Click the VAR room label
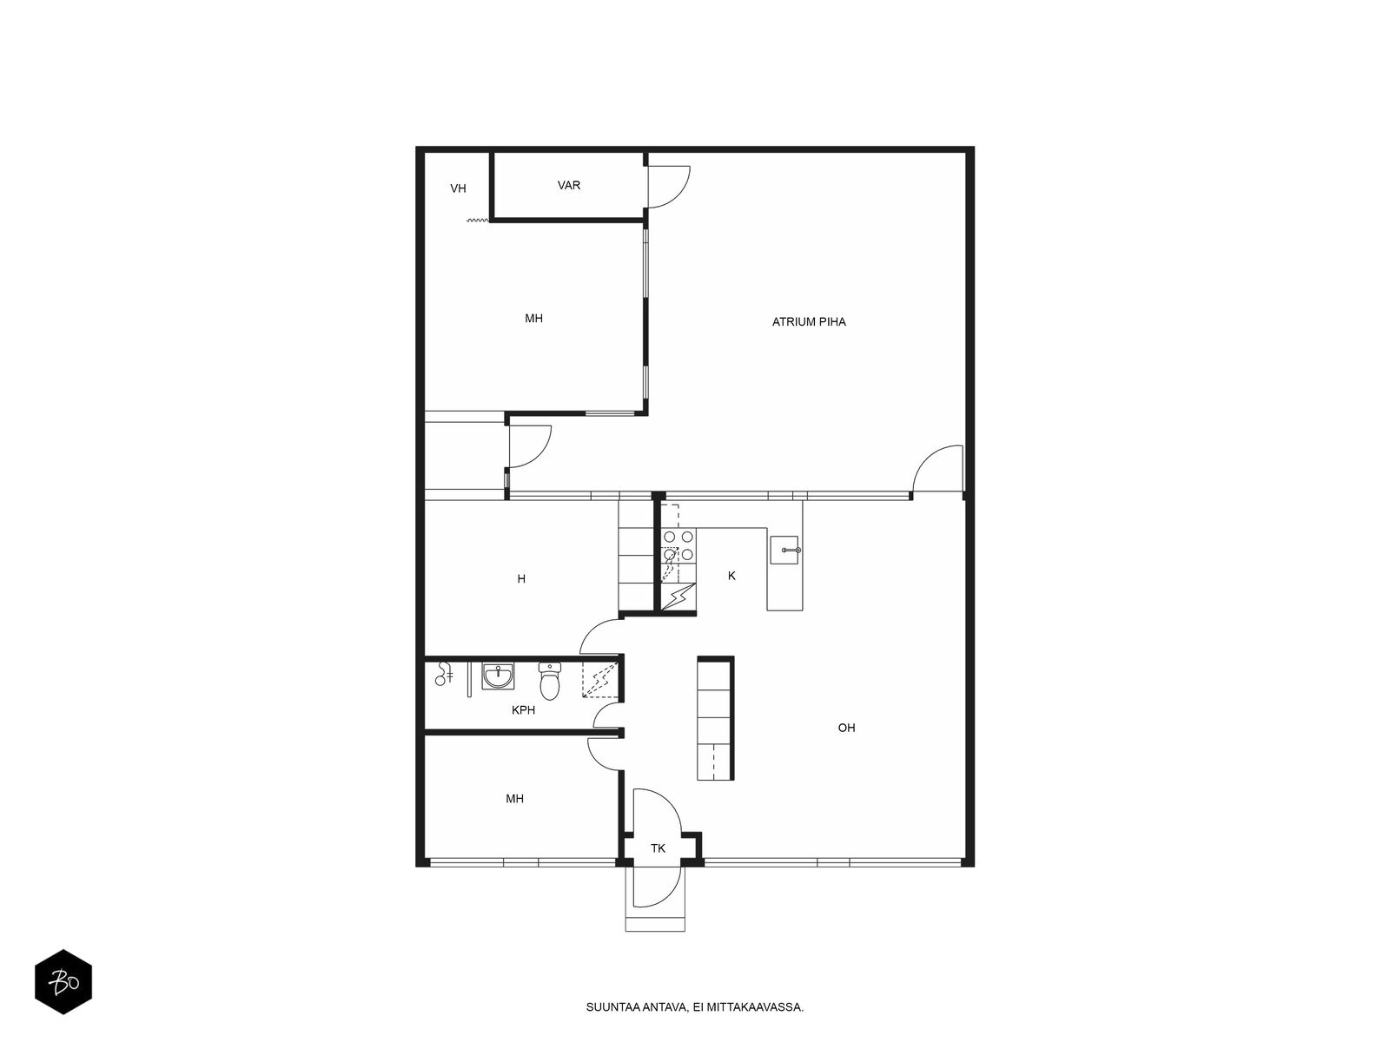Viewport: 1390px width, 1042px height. coord(569,185)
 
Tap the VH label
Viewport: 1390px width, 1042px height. coord(458,188)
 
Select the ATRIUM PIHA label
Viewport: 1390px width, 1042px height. coord(809,322)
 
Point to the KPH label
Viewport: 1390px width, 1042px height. coord(523,710)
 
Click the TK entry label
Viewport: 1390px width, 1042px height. coord(658,848)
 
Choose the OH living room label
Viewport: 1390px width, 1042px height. coord(846,729)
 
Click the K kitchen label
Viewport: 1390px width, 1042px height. coord(731,577)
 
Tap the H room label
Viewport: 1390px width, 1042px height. coord(521,579)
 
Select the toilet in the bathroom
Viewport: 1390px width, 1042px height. coord(549,681)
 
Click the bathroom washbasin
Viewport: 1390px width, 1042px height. coord(498,676)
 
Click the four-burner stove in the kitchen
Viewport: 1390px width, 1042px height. coord(678,546)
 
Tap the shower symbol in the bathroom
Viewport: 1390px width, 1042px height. coord(443,675)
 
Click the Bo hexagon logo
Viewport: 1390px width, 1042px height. coord(63,982)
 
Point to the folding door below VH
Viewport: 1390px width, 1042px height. coord(478,221)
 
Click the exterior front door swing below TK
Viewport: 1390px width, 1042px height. coord(656,887)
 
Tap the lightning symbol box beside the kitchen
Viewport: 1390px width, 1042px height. coord(678,596)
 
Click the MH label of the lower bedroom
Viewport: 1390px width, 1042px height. coord(515,799)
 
